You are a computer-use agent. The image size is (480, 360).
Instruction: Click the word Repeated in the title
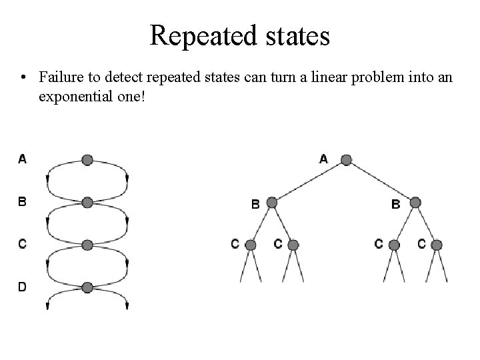coord(198,35)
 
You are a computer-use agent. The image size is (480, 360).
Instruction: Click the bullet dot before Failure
coord(24,77)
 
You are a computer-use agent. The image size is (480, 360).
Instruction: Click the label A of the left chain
coord(23,159)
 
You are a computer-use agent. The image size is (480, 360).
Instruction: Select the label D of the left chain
coord(23,287)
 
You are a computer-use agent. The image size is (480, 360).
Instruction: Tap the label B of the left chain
coord(23,201)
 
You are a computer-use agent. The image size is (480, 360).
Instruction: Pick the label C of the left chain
coord(23,244)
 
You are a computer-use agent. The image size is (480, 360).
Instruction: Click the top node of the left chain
coord(87,160)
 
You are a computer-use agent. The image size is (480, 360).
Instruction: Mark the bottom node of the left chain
coord(87,288)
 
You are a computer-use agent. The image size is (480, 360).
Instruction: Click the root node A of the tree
coord(345,160)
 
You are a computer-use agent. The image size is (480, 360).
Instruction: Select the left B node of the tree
coord(271,202)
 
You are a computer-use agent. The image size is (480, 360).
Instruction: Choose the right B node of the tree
coord(415,202)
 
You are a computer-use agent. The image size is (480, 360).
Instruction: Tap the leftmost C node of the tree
coord(251,245)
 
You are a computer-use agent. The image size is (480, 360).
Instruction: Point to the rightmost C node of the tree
coord(437,245)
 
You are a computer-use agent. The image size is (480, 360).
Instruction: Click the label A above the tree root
coord(324,159)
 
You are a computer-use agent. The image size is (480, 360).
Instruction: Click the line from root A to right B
coord(380,181)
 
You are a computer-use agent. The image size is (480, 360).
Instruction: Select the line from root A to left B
coord(308,181)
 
